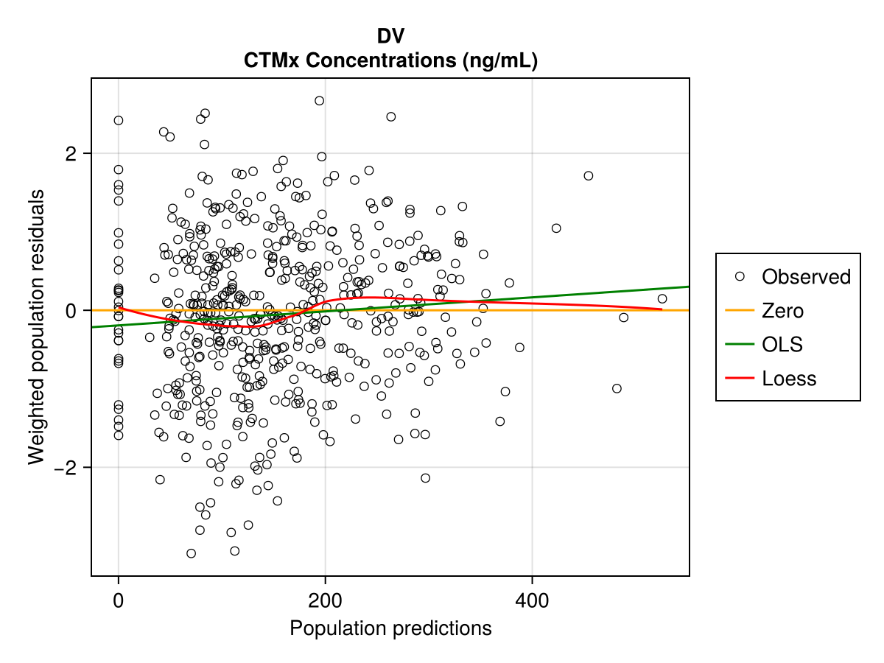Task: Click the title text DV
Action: pos(390,36)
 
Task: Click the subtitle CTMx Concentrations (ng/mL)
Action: pos(390,61)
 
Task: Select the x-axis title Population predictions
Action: pos(390,628)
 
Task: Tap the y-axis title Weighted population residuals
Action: pos(36,327)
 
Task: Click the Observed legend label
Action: pos(806,277)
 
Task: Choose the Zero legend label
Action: pos(782,311)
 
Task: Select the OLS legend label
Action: pos(782,345)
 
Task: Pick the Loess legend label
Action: pos(789,379)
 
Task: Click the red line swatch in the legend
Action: pos(740,379)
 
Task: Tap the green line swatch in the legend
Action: pos(740,345)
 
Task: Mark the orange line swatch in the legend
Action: pos(740,311)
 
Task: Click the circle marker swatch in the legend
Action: pos(740,276)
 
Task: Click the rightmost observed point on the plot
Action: pos(662,298)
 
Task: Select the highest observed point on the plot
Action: pos(319,100)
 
